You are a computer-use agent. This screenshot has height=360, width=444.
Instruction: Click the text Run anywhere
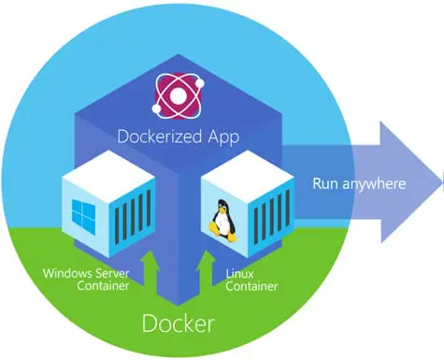(359, 182)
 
